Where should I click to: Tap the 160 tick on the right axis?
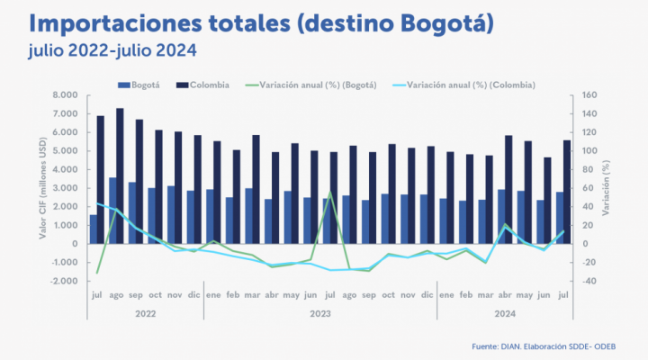(590, 95)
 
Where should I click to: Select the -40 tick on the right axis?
(589, 281)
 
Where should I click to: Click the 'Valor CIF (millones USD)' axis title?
(42, 188)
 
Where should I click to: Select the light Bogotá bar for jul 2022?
(94, 229)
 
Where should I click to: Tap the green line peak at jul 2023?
(329, 192)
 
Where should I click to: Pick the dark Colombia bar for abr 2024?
(509, 189)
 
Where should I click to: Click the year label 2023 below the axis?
(319, 312)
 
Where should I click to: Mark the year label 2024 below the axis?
(505, 312)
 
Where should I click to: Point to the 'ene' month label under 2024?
(445, 295)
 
